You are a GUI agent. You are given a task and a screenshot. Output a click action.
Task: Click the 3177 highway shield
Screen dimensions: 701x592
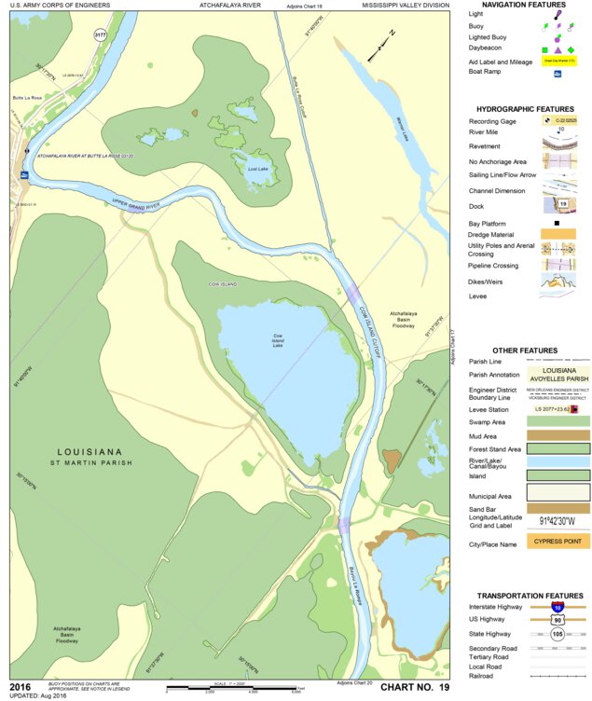(100, 34)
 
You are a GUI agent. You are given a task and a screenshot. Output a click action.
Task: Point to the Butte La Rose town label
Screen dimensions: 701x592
(29, 97)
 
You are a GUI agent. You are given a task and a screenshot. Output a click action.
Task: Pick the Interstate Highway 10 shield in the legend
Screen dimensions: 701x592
(557, 606)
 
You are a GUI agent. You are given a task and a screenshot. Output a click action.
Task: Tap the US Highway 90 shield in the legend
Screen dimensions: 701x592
(557, 619)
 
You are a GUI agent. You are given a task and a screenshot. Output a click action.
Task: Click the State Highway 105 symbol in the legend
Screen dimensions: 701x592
(557, 634)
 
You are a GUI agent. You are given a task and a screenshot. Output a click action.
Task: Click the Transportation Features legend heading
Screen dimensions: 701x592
(530, 595)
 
